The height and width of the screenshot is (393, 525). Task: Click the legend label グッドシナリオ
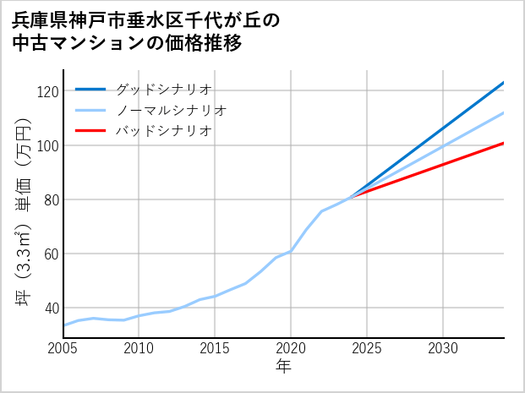click(163, 90)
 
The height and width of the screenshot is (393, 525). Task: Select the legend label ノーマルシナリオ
click(171, 111)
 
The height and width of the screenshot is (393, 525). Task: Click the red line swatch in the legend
click(90, 131)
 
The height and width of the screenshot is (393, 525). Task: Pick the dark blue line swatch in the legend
click(90, 90)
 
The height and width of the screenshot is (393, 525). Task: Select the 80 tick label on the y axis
click(51, 199)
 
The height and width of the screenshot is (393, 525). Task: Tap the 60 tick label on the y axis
click(51, 254)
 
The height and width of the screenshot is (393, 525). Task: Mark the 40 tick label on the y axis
click(51, 308)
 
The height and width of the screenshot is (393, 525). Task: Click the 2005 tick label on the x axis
click(63, 348)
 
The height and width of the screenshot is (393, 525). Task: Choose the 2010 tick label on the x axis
click(139, 348)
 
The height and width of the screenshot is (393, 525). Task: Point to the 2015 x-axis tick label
click(216, 348)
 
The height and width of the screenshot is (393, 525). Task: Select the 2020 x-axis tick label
click(291, 348)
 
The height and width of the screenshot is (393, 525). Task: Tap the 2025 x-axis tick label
click(367, 348)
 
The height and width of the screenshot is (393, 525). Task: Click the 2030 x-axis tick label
click(443, 348)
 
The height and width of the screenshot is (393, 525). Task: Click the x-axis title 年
click(284, 367)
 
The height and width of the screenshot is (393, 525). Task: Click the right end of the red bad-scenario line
click(503, 144)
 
